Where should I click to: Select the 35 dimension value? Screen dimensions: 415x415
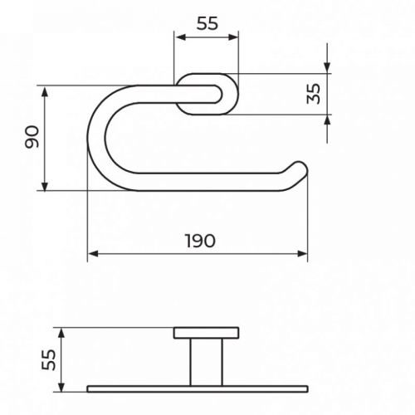(312, 93)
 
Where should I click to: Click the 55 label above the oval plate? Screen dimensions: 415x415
(206, 24)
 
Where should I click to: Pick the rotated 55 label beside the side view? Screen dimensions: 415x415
(48, 359)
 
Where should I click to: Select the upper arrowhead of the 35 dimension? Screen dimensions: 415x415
(327, 67)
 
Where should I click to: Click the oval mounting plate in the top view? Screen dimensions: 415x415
(207, 94)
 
